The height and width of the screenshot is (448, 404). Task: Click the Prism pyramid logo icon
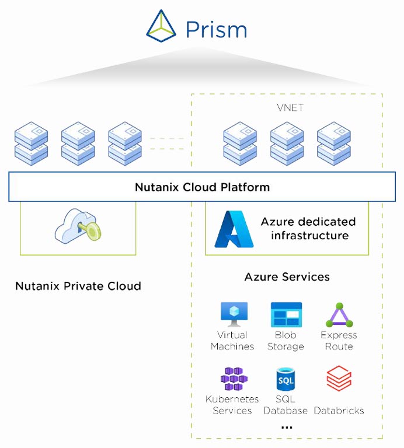click(161, 27)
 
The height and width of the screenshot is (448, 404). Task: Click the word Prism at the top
click(216, 29)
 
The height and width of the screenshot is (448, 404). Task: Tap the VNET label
click(287, 108)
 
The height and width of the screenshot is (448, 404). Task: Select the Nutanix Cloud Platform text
click(202, 187)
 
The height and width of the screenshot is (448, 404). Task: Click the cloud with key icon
click(78, 227)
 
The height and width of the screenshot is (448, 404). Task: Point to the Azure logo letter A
click(234, 229)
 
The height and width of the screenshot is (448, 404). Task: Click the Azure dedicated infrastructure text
click(308, 229)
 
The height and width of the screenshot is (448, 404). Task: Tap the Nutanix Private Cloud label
click(78, 286)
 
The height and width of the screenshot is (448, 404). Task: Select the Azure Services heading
click(287, 276)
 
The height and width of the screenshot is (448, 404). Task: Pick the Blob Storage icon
click(286, 314)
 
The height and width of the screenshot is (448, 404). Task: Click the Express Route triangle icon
click(339, 315)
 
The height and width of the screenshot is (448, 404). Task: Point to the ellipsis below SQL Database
click(286, 428)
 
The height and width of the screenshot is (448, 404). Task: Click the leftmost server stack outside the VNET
click(30, 143)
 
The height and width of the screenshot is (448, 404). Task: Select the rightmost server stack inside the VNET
click(333, 143)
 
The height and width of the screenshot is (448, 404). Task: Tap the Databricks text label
click(339, 411)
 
